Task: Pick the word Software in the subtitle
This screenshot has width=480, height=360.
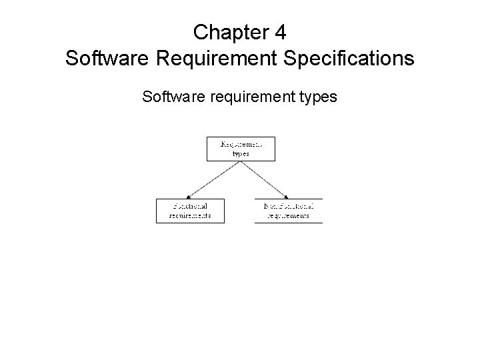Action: tap(172, 97)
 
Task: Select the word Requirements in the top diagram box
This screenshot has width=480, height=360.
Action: tap(241, 143)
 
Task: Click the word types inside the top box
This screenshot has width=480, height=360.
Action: tap(241, 153)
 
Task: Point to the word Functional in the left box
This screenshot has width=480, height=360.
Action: tap(190, 206)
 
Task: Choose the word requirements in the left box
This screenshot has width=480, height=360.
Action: tap(190, 215)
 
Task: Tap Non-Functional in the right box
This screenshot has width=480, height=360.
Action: tap(289, 206)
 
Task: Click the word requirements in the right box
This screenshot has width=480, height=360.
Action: tap(289, 215)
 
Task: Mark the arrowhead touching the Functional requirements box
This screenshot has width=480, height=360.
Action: tap(191, 196)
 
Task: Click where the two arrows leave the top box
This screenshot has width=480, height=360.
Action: tap(240, 161)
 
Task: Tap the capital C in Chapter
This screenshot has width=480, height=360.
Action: tap(199, 31)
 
